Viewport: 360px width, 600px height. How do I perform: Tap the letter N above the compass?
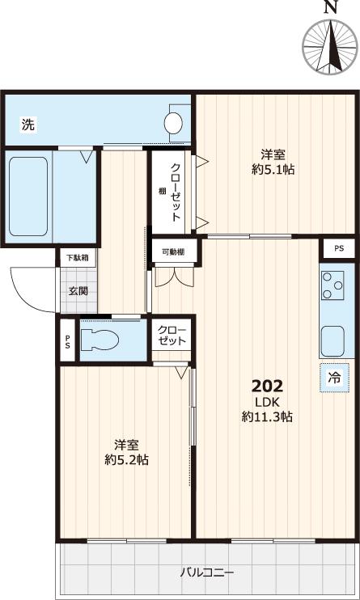(329, 7)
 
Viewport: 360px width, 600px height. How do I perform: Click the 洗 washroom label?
(28, 125)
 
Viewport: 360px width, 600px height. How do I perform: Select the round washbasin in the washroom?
(173, 123)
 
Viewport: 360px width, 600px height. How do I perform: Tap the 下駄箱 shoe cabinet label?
(77, 257)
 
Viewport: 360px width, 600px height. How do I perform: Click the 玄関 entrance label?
(77, 292)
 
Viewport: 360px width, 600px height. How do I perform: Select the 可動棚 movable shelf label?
(172, 252)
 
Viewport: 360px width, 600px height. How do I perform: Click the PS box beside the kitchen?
(338, 249)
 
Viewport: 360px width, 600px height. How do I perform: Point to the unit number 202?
(266, 385)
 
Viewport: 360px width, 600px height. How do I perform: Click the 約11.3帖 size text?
(266, 417)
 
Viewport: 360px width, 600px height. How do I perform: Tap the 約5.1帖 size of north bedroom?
(272, 170)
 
